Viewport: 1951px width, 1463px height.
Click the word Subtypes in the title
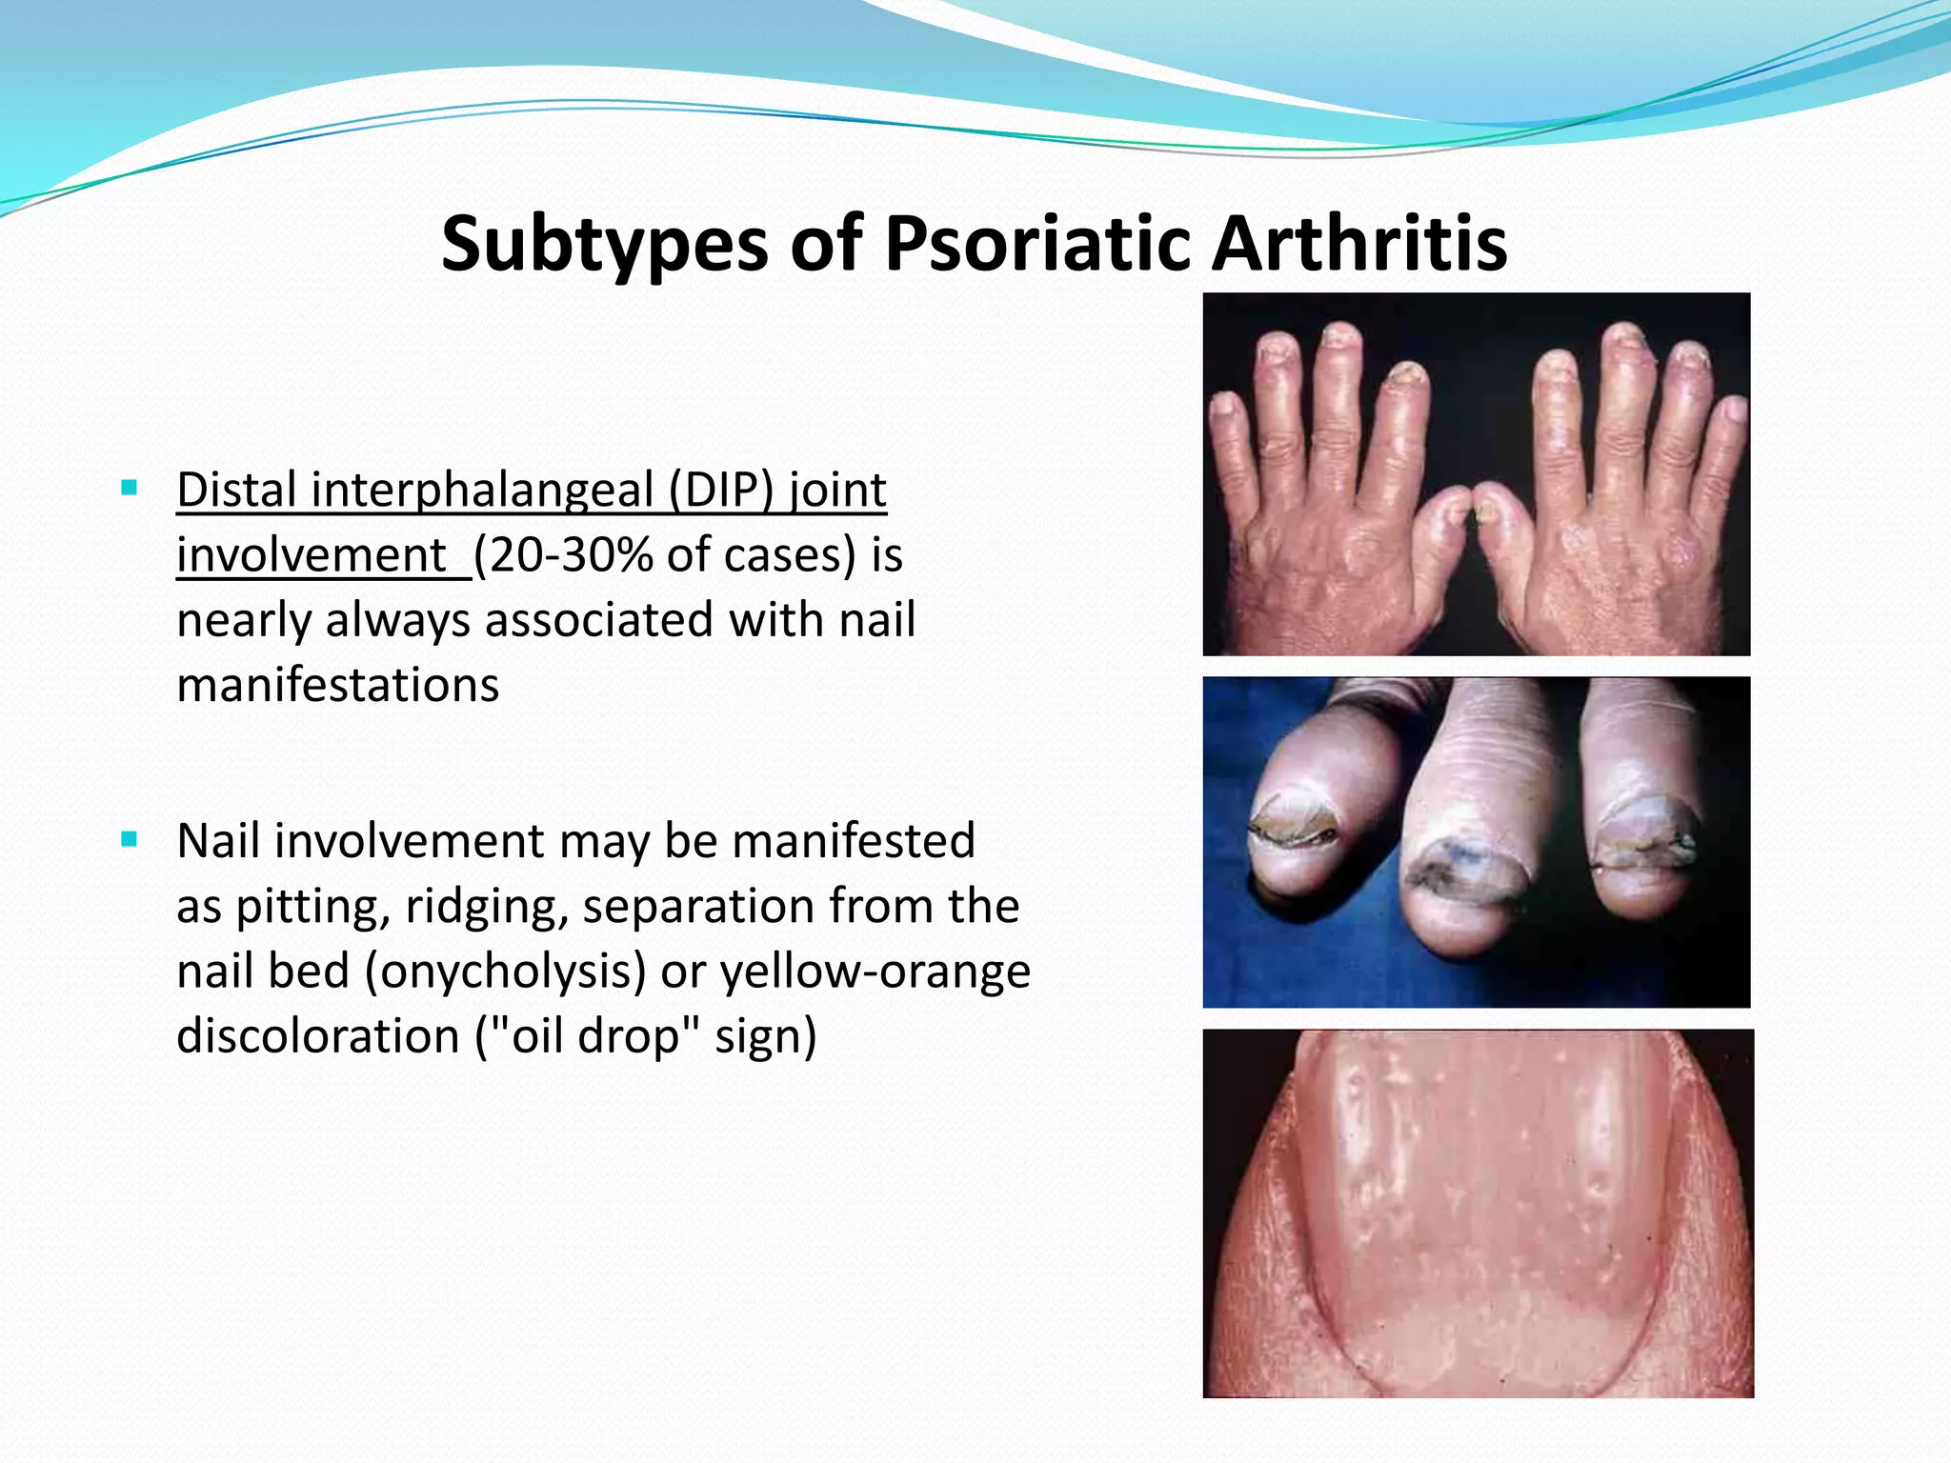coord(604,244)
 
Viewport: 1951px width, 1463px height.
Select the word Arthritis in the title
coord(1359,244)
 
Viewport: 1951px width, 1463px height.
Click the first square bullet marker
coord(130,490)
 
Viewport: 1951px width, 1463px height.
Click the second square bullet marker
coord(130,840)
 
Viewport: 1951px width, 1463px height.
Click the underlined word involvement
coord(312,555)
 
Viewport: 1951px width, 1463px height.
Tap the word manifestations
coord(337,685)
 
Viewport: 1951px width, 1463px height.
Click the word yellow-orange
coord(875,972)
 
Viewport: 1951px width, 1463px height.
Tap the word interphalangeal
coord(482,490)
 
